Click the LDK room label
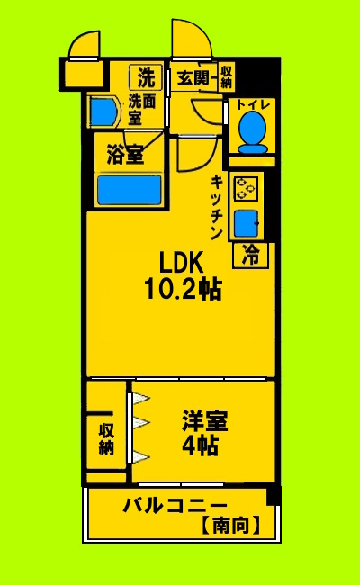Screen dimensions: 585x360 click(x=184, y=262)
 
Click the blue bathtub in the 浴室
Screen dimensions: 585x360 click(x=129, y=191)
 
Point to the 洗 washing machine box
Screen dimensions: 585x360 click(x=145, y=76)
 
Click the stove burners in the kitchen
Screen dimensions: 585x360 click(x=246, y=189)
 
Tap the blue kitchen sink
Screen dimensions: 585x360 click(x=246, y=221)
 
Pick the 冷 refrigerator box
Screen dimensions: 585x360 click(x=251, y=256)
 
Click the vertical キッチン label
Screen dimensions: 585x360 click(x=217, y=206)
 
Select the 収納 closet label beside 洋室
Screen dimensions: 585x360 click(x=106, y=436)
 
